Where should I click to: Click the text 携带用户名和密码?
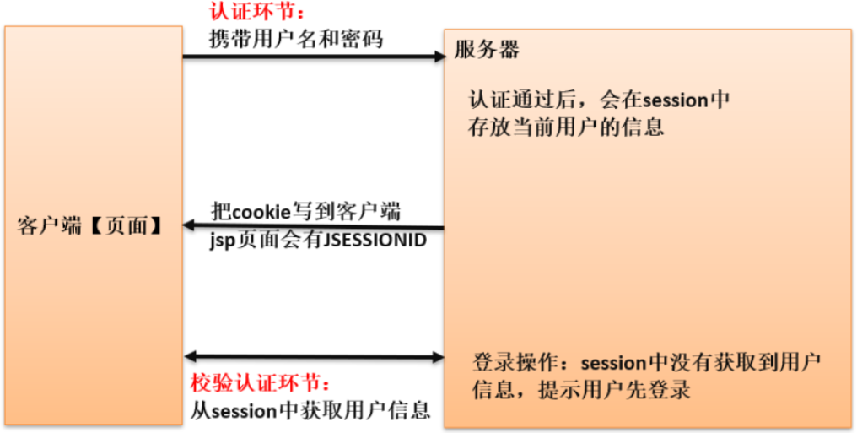coord(295,39)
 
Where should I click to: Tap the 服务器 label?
coord(487,50)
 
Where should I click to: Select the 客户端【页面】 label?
coord(89,226)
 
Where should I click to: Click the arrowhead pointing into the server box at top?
coord(439,57)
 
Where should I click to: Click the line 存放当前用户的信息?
coord(566,127)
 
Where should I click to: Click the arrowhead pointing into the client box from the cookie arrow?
coord(190,225)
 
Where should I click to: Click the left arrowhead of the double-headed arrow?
coord(190,358)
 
